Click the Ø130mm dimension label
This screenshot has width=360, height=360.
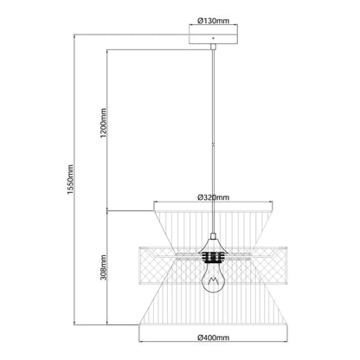click(x=213, y=21)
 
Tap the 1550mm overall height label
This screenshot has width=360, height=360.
click(x=70, y=179)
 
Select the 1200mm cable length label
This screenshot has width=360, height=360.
click(x=104, y=123)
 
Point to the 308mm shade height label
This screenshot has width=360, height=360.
click(x=104, y=267)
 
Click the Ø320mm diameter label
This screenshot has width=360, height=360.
click(x=213, y=197)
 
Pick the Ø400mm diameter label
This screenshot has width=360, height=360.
click(x=213, y=337)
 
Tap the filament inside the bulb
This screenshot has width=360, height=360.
click(x=213, y=280)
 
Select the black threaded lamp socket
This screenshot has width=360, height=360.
click(x=213, y=257)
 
